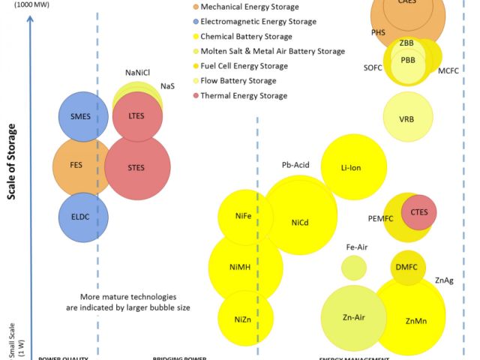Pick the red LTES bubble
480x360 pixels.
pos(136,116)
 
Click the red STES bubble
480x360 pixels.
pos(137,166)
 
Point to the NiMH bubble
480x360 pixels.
pos(245,266)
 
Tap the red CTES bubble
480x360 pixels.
pos(419,212)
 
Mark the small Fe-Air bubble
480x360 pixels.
pos(354,266)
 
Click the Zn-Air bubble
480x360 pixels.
pos(353,317)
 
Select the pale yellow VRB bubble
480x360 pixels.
pos(407,118)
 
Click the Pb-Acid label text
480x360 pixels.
pos(295,164)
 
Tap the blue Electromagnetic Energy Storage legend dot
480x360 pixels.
pos(195,22)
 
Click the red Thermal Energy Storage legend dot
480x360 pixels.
pos(195,95)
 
